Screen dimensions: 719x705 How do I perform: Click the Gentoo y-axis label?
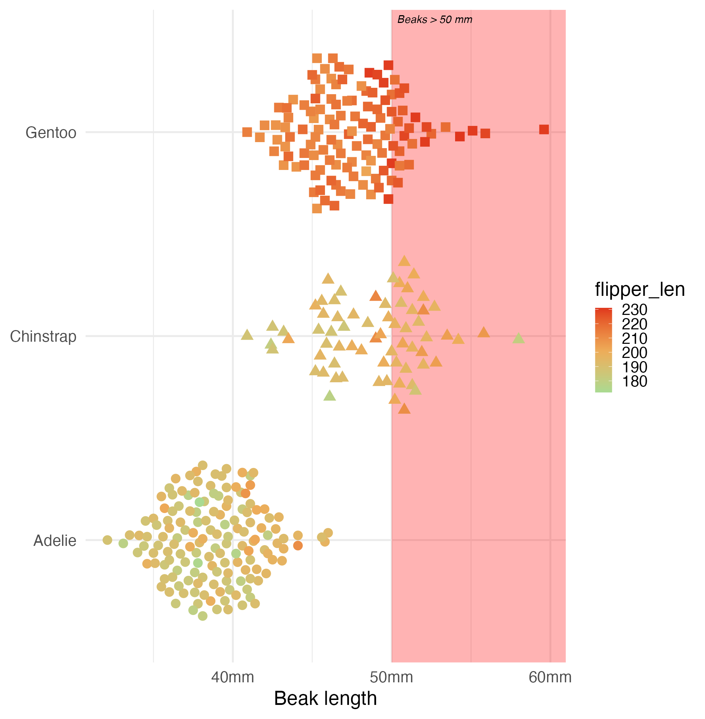(51, 133)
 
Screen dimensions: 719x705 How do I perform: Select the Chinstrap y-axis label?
(43, 336)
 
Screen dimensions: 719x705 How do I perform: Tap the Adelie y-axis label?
(55, 541)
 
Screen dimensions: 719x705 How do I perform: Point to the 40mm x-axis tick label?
(233, 677)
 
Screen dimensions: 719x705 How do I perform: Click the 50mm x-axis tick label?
(391, 677)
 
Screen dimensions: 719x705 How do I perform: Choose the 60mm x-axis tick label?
(550, 677)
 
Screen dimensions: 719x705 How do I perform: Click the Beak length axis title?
(325, 699)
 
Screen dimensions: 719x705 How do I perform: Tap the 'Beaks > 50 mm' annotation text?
(435, 20)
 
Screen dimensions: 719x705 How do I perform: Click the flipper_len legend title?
(639, 289)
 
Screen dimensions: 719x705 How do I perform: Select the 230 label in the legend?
(634, 310)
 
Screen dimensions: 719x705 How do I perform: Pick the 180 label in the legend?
(634, 382)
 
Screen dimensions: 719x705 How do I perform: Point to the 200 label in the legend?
(634, 353)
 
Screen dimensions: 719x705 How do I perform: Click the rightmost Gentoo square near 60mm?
(544, 129)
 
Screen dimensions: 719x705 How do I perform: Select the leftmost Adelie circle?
(108, 540)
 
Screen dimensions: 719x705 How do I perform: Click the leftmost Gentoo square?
(247, 132)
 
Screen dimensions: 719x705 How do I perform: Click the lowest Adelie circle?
(203, 616)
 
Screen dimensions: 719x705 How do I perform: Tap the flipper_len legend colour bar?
(603, 350)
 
